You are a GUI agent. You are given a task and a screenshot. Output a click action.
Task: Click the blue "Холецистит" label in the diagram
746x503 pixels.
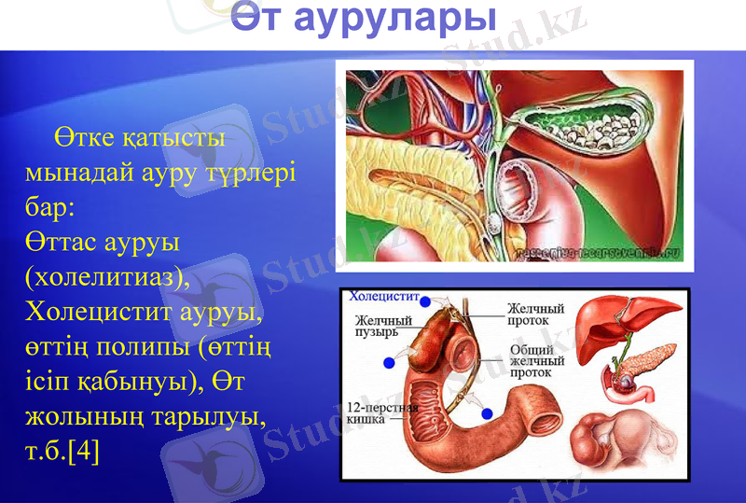click(382, 297)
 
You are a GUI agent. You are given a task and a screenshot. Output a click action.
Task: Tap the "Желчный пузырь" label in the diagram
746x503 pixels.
click(382, 326)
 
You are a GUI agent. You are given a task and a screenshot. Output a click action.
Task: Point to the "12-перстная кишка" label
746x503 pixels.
click(378, 413)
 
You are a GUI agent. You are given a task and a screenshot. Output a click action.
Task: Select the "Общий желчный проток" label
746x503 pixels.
click(536, 359)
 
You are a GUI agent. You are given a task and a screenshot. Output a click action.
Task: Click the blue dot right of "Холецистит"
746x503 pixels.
click(425, 302)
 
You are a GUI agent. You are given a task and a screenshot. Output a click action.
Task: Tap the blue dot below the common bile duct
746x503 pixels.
click(487, 412)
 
